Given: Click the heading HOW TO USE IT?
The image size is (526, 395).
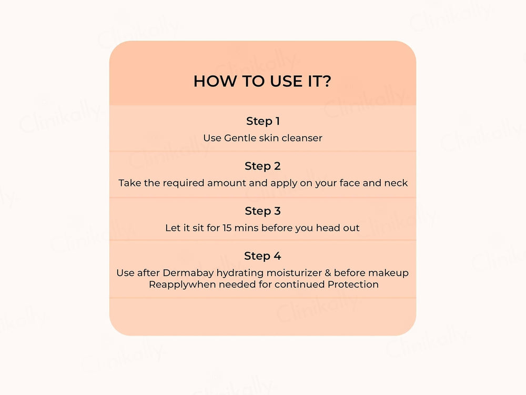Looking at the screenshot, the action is (262, 81).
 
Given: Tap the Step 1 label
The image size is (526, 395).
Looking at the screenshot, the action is (262, 121).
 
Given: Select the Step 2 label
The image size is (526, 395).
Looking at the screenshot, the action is (262, 166).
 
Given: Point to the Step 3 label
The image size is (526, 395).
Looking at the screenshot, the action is (262, 211).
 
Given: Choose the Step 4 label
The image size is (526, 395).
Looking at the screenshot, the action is (262, 256).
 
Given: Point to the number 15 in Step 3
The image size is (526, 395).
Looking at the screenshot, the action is (227, 228).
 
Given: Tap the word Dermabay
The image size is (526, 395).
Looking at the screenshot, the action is (188, 273).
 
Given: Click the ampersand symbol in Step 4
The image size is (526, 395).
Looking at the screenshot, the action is (328, 273).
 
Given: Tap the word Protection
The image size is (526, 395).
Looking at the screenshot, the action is (353, 284).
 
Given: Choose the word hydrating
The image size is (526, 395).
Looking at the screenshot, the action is (240, 273).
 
